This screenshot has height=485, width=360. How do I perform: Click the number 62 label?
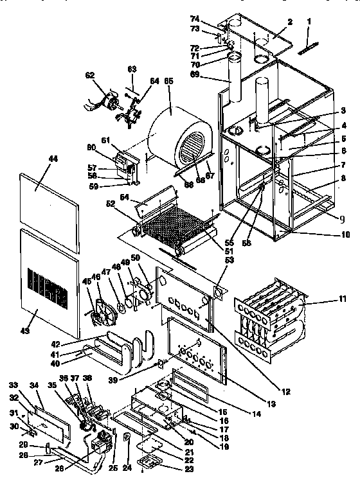[x=90, y=75]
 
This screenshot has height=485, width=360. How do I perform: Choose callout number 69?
[x=207, y=76]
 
